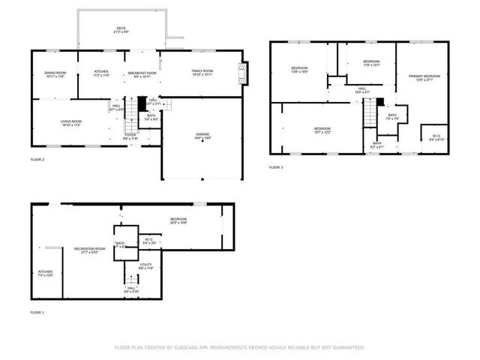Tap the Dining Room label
click(x=55, y=74)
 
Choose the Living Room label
click(x=71, y=124)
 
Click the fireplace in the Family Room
click(x=241, y=73)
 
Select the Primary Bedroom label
click(x=424, y=78)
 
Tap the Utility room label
click(x=146, y=267)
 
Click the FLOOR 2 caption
click(x=37, y=160)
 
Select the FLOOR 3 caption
click(x=276, y=167)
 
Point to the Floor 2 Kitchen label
click(x=102, y=74)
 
